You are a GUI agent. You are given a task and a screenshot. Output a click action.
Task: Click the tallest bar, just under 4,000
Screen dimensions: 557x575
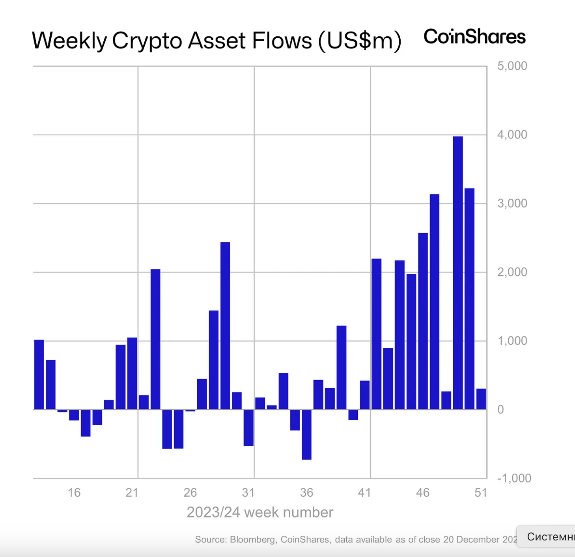457,272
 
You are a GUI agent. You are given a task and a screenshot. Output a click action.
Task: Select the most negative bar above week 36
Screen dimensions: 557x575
306,434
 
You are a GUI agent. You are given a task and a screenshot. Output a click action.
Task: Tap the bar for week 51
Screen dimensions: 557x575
481,399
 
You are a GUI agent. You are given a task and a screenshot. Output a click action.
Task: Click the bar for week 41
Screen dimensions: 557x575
365,395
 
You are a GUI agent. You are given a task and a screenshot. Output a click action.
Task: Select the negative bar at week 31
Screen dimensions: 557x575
248,428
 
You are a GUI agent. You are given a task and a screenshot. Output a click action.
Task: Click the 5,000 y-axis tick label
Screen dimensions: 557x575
512,66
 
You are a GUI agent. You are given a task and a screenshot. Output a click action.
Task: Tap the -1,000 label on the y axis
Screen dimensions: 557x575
514,478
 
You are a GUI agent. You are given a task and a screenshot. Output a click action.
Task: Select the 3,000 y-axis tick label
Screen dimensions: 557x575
512,204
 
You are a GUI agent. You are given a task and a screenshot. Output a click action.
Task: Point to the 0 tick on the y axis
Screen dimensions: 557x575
500,409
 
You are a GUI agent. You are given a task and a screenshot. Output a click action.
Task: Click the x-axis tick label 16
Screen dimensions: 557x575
74,492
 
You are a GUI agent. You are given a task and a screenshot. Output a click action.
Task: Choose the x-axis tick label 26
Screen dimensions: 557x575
190,492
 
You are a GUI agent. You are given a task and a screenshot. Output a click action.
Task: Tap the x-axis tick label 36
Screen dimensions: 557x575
306,492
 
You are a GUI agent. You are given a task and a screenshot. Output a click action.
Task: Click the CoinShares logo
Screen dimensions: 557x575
474,37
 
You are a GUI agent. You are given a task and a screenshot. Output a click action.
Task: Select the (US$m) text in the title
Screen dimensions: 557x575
360,41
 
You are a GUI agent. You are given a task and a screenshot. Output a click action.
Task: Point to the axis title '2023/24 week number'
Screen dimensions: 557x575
260,512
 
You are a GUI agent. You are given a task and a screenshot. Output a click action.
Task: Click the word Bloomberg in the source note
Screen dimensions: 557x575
252,539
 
